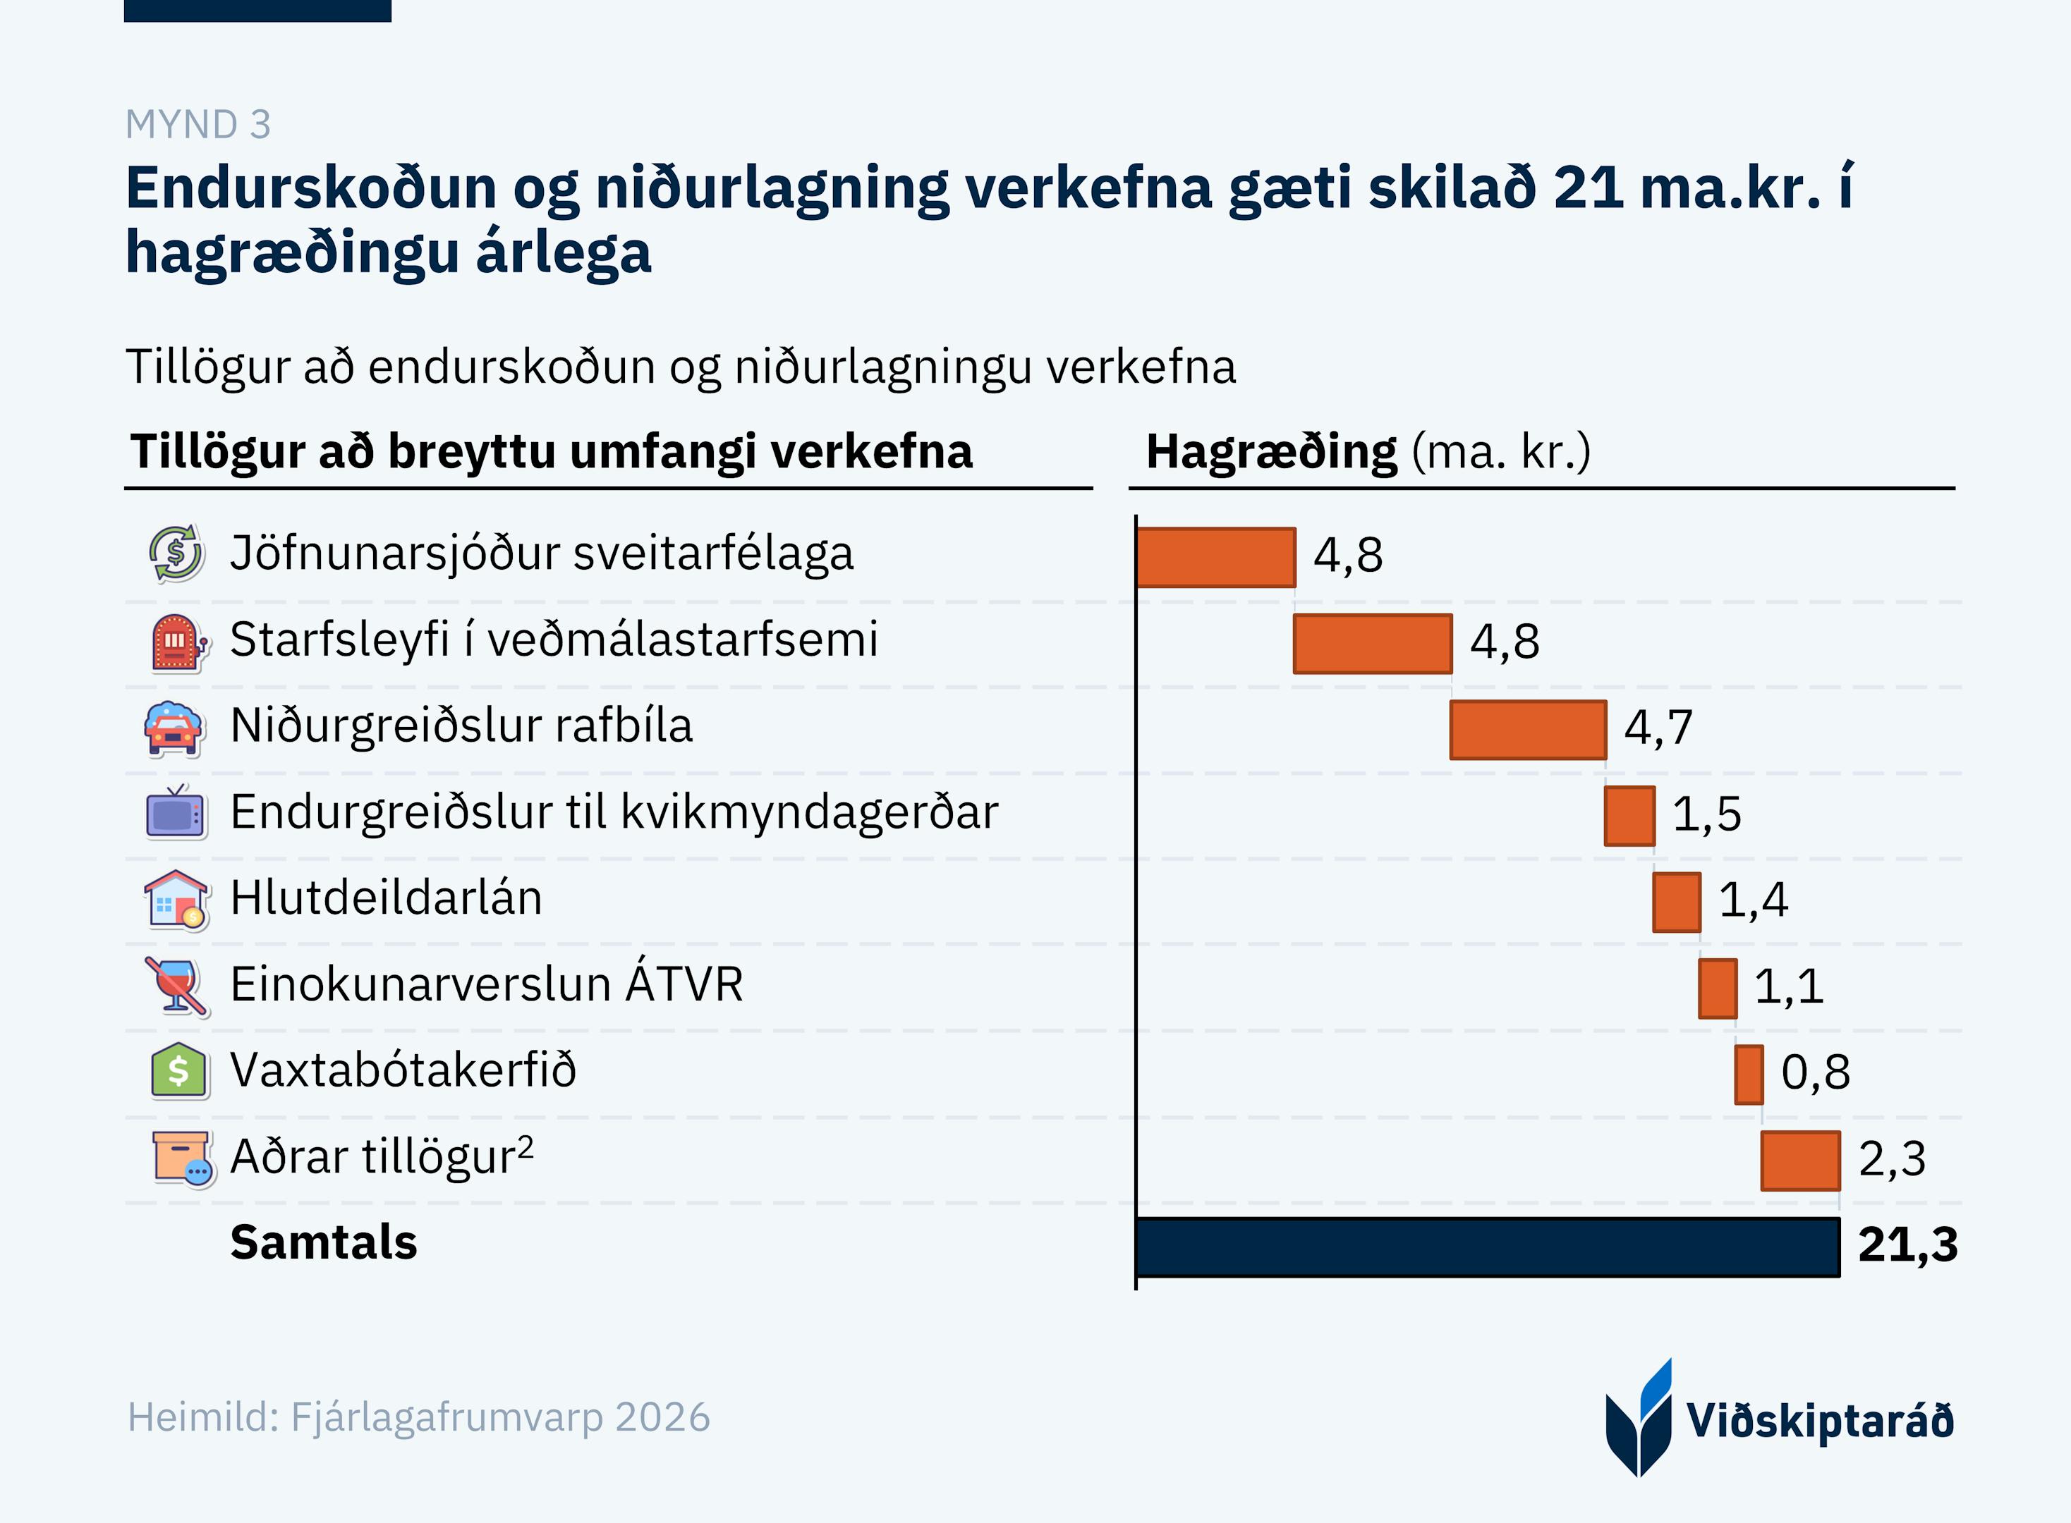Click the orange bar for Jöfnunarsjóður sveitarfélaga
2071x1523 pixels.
[x=1215, y=557]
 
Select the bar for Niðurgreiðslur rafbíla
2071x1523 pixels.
[x=1528, y=729]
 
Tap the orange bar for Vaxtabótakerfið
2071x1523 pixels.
[x=1748, y=1074]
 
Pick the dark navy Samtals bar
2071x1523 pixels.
[x=1488, y=1247]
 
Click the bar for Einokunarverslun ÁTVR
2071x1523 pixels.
[x=1717, y=989]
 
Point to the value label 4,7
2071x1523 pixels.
[x=1658, y=728]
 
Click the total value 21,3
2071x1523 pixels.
[x=1907, y=1244]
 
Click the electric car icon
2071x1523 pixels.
[x=174, y=728]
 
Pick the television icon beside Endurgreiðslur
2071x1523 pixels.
[x=175, y=813]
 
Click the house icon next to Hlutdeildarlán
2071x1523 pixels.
[x=175, y=900]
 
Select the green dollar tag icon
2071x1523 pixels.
[x=178, y=1071]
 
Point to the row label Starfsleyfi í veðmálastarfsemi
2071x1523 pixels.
[x=553, y=640]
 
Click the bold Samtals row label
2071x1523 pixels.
[x=324, y=1242]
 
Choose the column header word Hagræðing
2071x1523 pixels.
[x=1270, y=452]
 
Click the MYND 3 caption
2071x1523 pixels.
[x=198, y=125]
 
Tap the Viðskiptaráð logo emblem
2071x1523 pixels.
[x=1639, y=1418]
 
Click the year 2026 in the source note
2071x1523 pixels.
[x=662, y=1417]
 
